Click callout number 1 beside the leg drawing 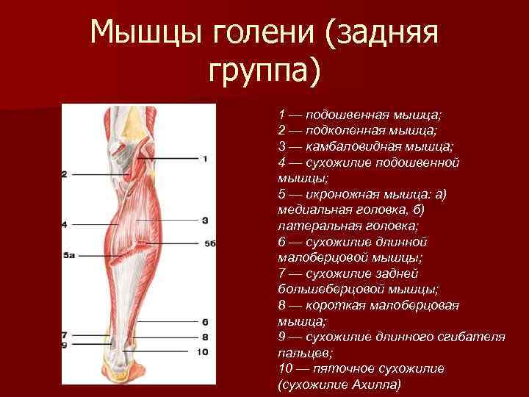[205, 158]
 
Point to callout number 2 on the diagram [65, 174]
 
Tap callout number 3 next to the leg [205, 219]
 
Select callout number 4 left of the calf [65, 223]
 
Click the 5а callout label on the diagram [69, 254]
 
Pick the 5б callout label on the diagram [209, 243]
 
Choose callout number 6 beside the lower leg [205, 321]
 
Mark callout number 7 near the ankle [65, 335]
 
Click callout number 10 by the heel [203, 352]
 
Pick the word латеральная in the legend [314, 226]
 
